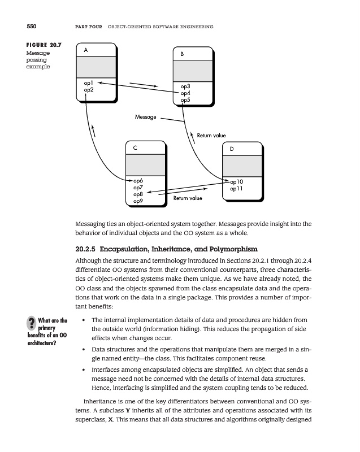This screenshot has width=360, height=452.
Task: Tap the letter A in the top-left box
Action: pos(85,50)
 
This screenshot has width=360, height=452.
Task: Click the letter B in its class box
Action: pos(182,54)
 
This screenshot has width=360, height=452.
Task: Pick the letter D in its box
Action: pos(232,149)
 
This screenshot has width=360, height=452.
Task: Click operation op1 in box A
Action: pos(88,83)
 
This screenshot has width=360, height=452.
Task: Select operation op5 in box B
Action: pos(185,100)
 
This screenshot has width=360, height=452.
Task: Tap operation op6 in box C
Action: pos(137,180)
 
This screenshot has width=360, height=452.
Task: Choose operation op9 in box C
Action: pos(137,201)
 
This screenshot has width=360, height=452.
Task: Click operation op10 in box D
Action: pos(236,182)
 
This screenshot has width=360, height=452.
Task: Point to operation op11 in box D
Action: pos(236,189)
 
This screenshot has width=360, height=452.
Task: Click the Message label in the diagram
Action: pos(146,117)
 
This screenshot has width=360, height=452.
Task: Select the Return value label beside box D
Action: pos(211,136)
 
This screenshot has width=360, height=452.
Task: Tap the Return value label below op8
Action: pos(188,198)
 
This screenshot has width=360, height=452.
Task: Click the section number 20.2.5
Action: pos(87,249)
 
